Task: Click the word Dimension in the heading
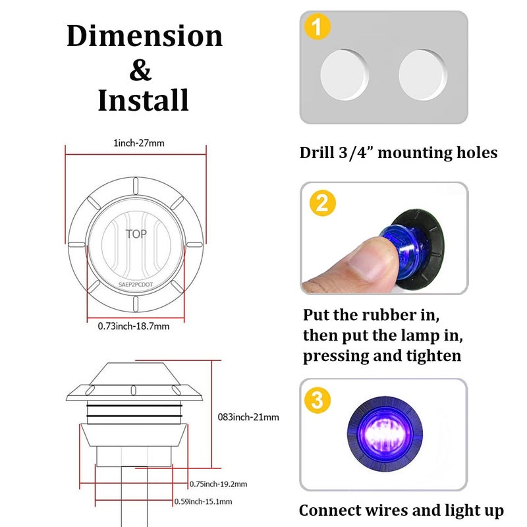[144, 36]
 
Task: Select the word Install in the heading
[143, 100]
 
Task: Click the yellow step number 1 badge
[318, 26]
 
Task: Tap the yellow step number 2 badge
[322, 203]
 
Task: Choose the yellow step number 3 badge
[318, 400]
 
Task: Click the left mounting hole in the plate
[344, 74]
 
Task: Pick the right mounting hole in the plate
[423, 74]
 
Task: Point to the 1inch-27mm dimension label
[139, 143]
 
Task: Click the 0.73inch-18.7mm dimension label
[134, 326]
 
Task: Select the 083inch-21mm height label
[248, 417]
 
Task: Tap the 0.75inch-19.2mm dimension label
[218, 484]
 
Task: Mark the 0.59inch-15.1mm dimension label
[203, 501]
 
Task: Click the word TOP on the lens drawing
[136, 234]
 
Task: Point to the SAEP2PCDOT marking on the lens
[136, 285]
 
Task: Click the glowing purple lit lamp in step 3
[385, 433]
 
